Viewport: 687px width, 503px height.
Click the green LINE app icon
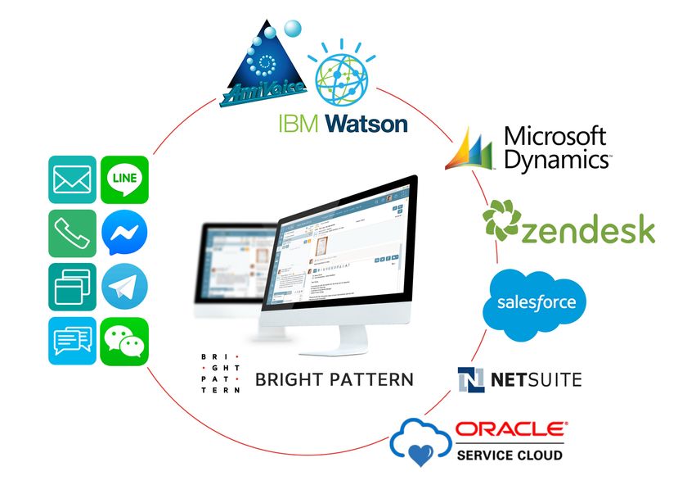point(124,180)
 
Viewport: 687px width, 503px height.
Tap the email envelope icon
point(72,180)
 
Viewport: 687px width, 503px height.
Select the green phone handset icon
point(72,233)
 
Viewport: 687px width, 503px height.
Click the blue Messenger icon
point(124,233)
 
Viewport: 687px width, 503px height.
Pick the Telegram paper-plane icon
point(124,287)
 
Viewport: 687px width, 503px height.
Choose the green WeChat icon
point(124,340)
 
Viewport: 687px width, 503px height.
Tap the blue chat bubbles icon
point(72,340)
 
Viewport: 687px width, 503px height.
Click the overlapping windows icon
point(72,287)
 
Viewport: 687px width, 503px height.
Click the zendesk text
point(588,231)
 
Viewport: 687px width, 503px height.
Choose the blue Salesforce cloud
point(537,303)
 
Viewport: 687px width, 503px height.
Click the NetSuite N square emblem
point(471,380)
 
